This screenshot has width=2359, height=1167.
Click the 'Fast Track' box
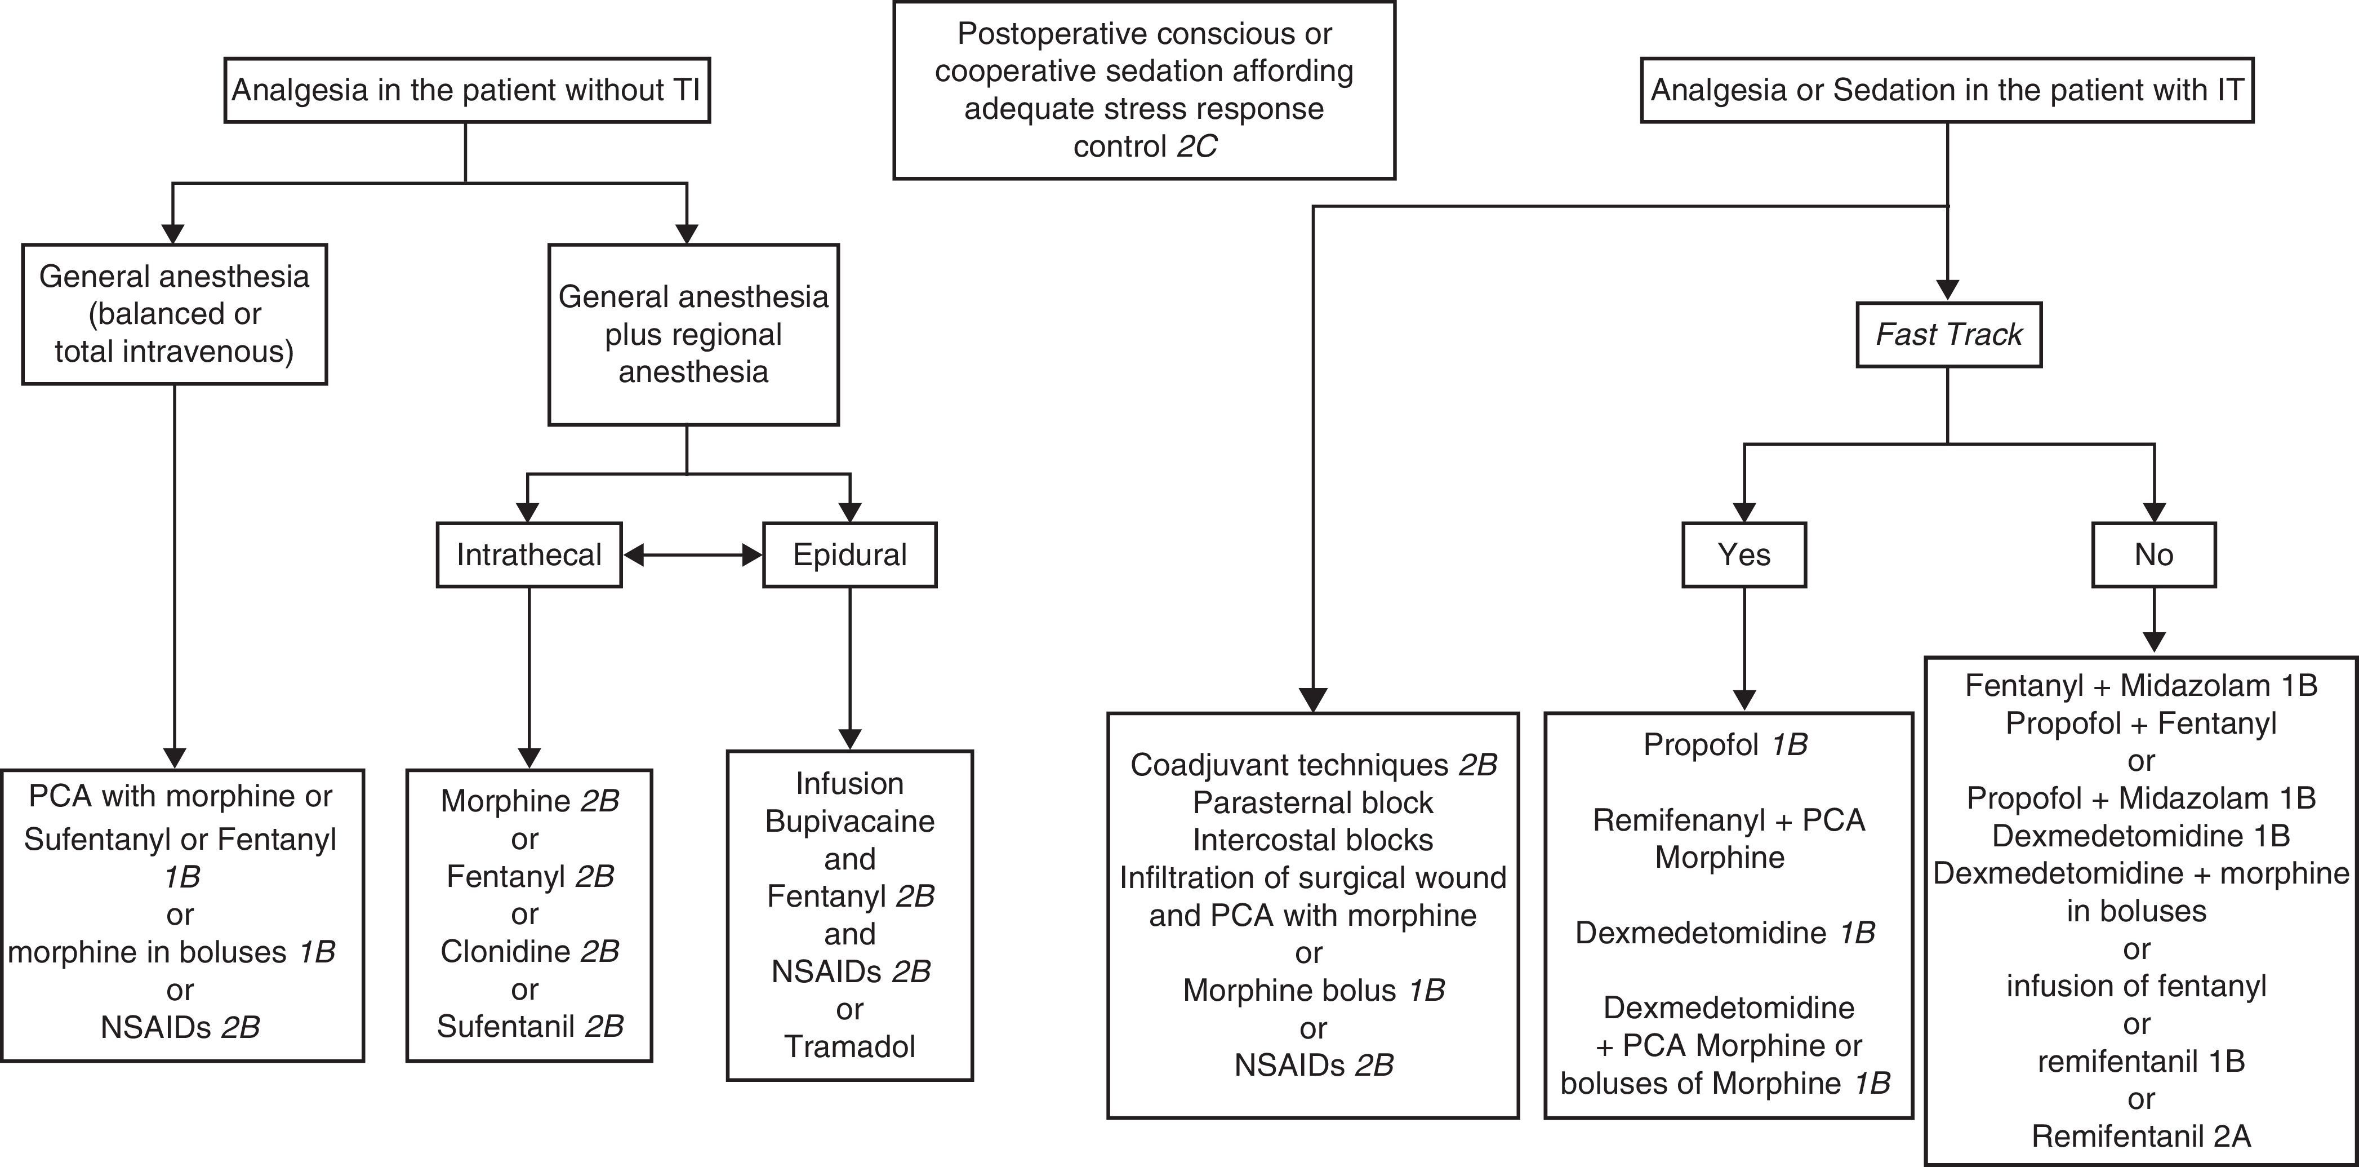pyautogui.click(x=1948, y=334)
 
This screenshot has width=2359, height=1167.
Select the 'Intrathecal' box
pyautogui.click(x=528, y=554)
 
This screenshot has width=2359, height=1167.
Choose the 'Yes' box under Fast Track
pyautogui.click(x=1743, y=554)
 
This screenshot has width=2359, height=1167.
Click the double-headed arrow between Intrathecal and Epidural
pyautogui.click(x=692, y=554)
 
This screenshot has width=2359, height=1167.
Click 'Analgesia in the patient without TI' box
pyautogui.click(x=466, y=90)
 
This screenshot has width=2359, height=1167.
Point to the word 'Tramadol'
pyautogui.click(x=849, y=1046)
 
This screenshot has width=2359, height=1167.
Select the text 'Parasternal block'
pyautogui.click(x=1312, y=802)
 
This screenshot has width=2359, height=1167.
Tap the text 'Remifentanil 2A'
pyautogui.click(x=2140, y=1136)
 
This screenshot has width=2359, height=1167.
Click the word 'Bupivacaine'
pyautogui.click(x=849, y=821)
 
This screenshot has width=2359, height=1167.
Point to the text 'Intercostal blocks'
pyautogui.click(x=1312, y=840)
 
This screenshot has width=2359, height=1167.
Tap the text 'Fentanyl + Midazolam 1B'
pyautogui.click(x=2140, y=685)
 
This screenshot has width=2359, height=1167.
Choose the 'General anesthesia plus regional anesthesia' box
pyautogui.click(x=693, y=334)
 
